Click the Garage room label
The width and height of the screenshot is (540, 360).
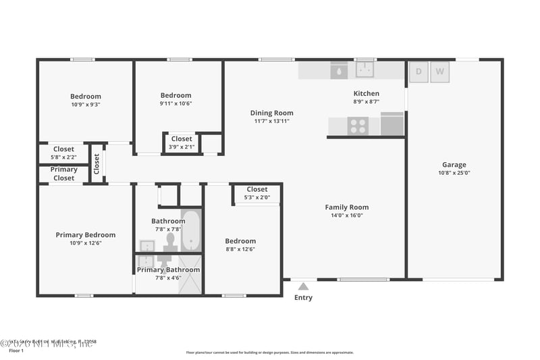point(454,165)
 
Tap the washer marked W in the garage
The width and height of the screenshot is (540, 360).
point(440,72)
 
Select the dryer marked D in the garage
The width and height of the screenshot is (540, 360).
point(418,72)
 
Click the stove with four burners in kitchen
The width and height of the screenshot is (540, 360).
point(357,126)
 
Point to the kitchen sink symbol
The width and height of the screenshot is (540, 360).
point(366,69)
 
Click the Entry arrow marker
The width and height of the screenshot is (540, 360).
point(304,286)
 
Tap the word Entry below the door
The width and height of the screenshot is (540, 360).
point(304,298)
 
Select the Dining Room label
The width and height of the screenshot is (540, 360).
point(272,113)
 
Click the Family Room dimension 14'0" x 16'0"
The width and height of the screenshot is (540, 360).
point(346,215)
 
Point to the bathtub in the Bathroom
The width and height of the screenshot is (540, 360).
point(191,231)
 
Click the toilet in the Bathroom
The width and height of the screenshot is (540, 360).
point(171,240)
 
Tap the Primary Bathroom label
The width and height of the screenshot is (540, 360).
point(168,269)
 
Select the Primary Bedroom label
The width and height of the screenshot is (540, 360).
point(85,235)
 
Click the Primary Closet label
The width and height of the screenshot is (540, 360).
point(63,174)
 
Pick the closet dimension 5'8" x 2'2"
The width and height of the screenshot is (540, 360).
point(63,157)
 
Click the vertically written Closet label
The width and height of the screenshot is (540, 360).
point(97,163)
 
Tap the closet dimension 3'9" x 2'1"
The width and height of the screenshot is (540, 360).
point(181,147)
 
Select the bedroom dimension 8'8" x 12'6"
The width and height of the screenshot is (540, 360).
point(240,249)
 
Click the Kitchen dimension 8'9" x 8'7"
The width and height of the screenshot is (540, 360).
point(367,102)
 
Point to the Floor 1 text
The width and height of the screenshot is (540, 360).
point(16,351)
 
